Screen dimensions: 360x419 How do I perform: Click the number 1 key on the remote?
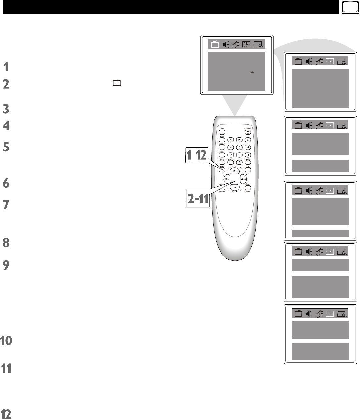(231, 140)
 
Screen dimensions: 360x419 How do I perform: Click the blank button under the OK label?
(247, 170)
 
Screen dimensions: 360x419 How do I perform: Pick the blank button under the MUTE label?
(248, 163)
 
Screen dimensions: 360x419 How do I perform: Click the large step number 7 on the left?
(6, 205)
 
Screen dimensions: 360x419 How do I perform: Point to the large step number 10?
(6, 341)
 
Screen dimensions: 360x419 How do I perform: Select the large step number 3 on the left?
(6, 109)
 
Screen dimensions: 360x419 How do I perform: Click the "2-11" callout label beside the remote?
(197, 199)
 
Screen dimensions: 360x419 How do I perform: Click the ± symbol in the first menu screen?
(252, 73)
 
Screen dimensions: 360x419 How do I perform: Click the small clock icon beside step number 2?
(117, 83)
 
